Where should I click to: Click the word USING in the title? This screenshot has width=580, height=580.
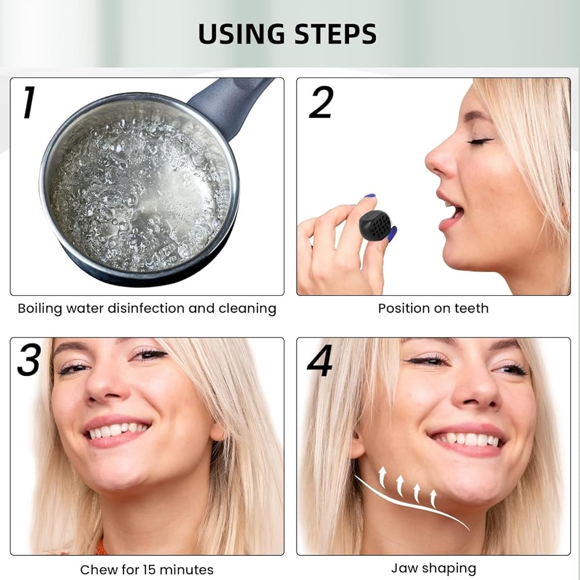click(241, 34)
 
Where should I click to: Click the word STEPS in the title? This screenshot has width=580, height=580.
click(335, 34)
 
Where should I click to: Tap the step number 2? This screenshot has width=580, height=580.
click(321, 103)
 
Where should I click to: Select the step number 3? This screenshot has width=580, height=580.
click(28, 360)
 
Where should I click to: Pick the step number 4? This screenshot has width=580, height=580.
click(320, 360)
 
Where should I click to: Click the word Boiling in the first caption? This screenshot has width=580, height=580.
click(39, 309)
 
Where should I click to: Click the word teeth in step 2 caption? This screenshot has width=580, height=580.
click(471, 308)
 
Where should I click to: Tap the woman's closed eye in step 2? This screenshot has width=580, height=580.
click(480, 141)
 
